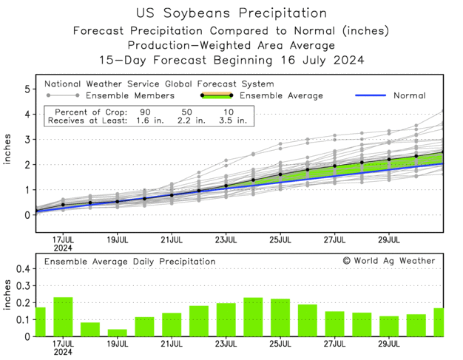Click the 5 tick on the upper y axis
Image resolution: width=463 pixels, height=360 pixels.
tap(27, 89)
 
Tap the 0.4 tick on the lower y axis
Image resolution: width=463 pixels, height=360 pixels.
tap(22, 269)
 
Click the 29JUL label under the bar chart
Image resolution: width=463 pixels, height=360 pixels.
tap(390, 344)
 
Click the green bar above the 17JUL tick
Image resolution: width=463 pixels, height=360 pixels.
tap(63, 316)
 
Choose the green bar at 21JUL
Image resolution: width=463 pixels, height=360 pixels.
tap(172, 325)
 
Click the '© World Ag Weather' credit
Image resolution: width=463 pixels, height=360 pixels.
tap(388, 261)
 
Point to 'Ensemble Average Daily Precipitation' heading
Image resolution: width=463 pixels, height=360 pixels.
tap(129, 261)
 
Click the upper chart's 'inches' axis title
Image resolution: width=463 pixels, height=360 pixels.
tap(7, 151)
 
